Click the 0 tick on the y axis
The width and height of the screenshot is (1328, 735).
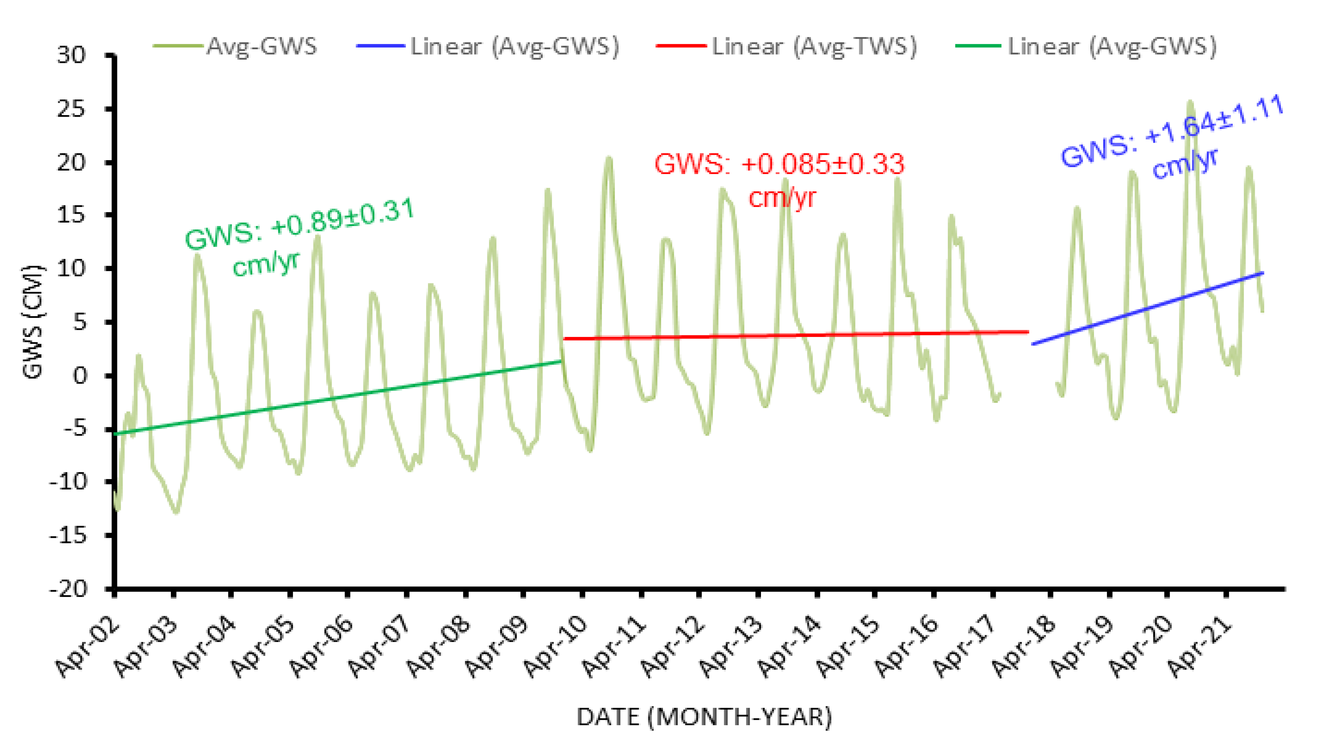coord(80,376)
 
